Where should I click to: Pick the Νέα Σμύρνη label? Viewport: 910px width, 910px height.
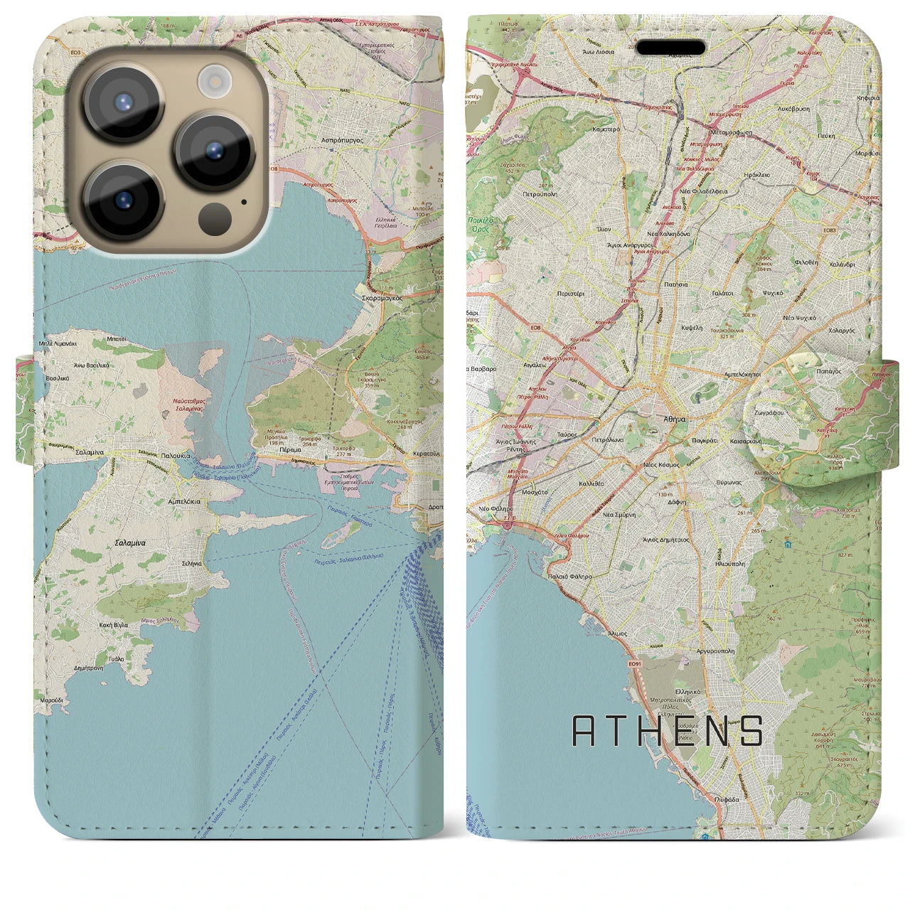coord(619,514)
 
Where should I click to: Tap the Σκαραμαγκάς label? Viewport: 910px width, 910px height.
coord(382,299)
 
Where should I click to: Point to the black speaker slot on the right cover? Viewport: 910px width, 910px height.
coord(670,48)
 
